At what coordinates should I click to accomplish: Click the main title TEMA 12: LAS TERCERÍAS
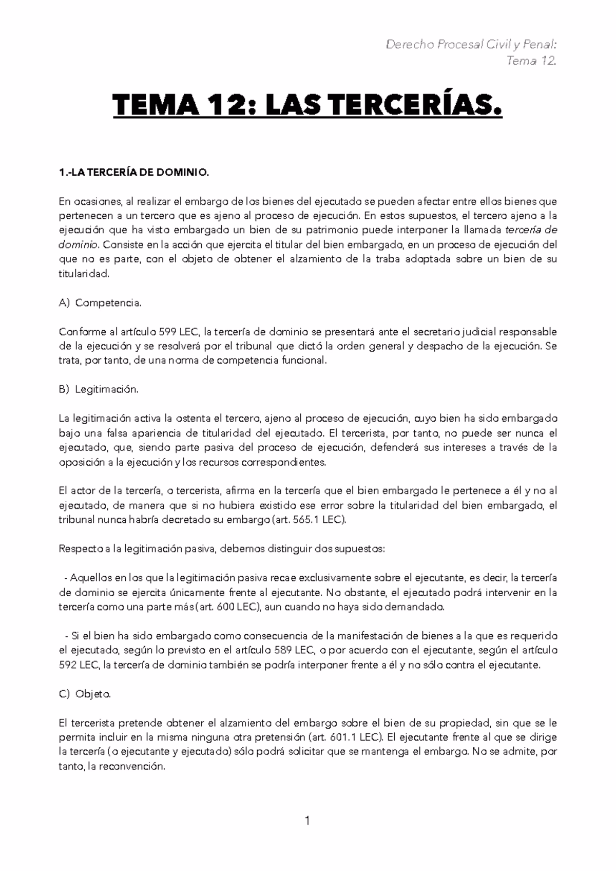pos(307,107)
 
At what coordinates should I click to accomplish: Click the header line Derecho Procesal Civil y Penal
pos(471,45)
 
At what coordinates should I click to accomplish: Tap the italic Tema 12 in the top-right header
pos(531,61)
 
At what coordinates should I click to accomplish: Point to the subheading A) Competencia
pos(100,303)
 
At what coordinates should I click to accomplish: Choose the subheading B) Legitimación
pos(99,389)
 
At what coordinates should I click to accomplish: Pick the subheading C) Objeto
pos(85,694)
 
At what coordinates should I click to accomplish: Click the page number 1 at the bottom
pos(307,821)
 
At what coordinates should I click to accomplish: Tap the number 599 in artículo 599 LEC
pos(168,332)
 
